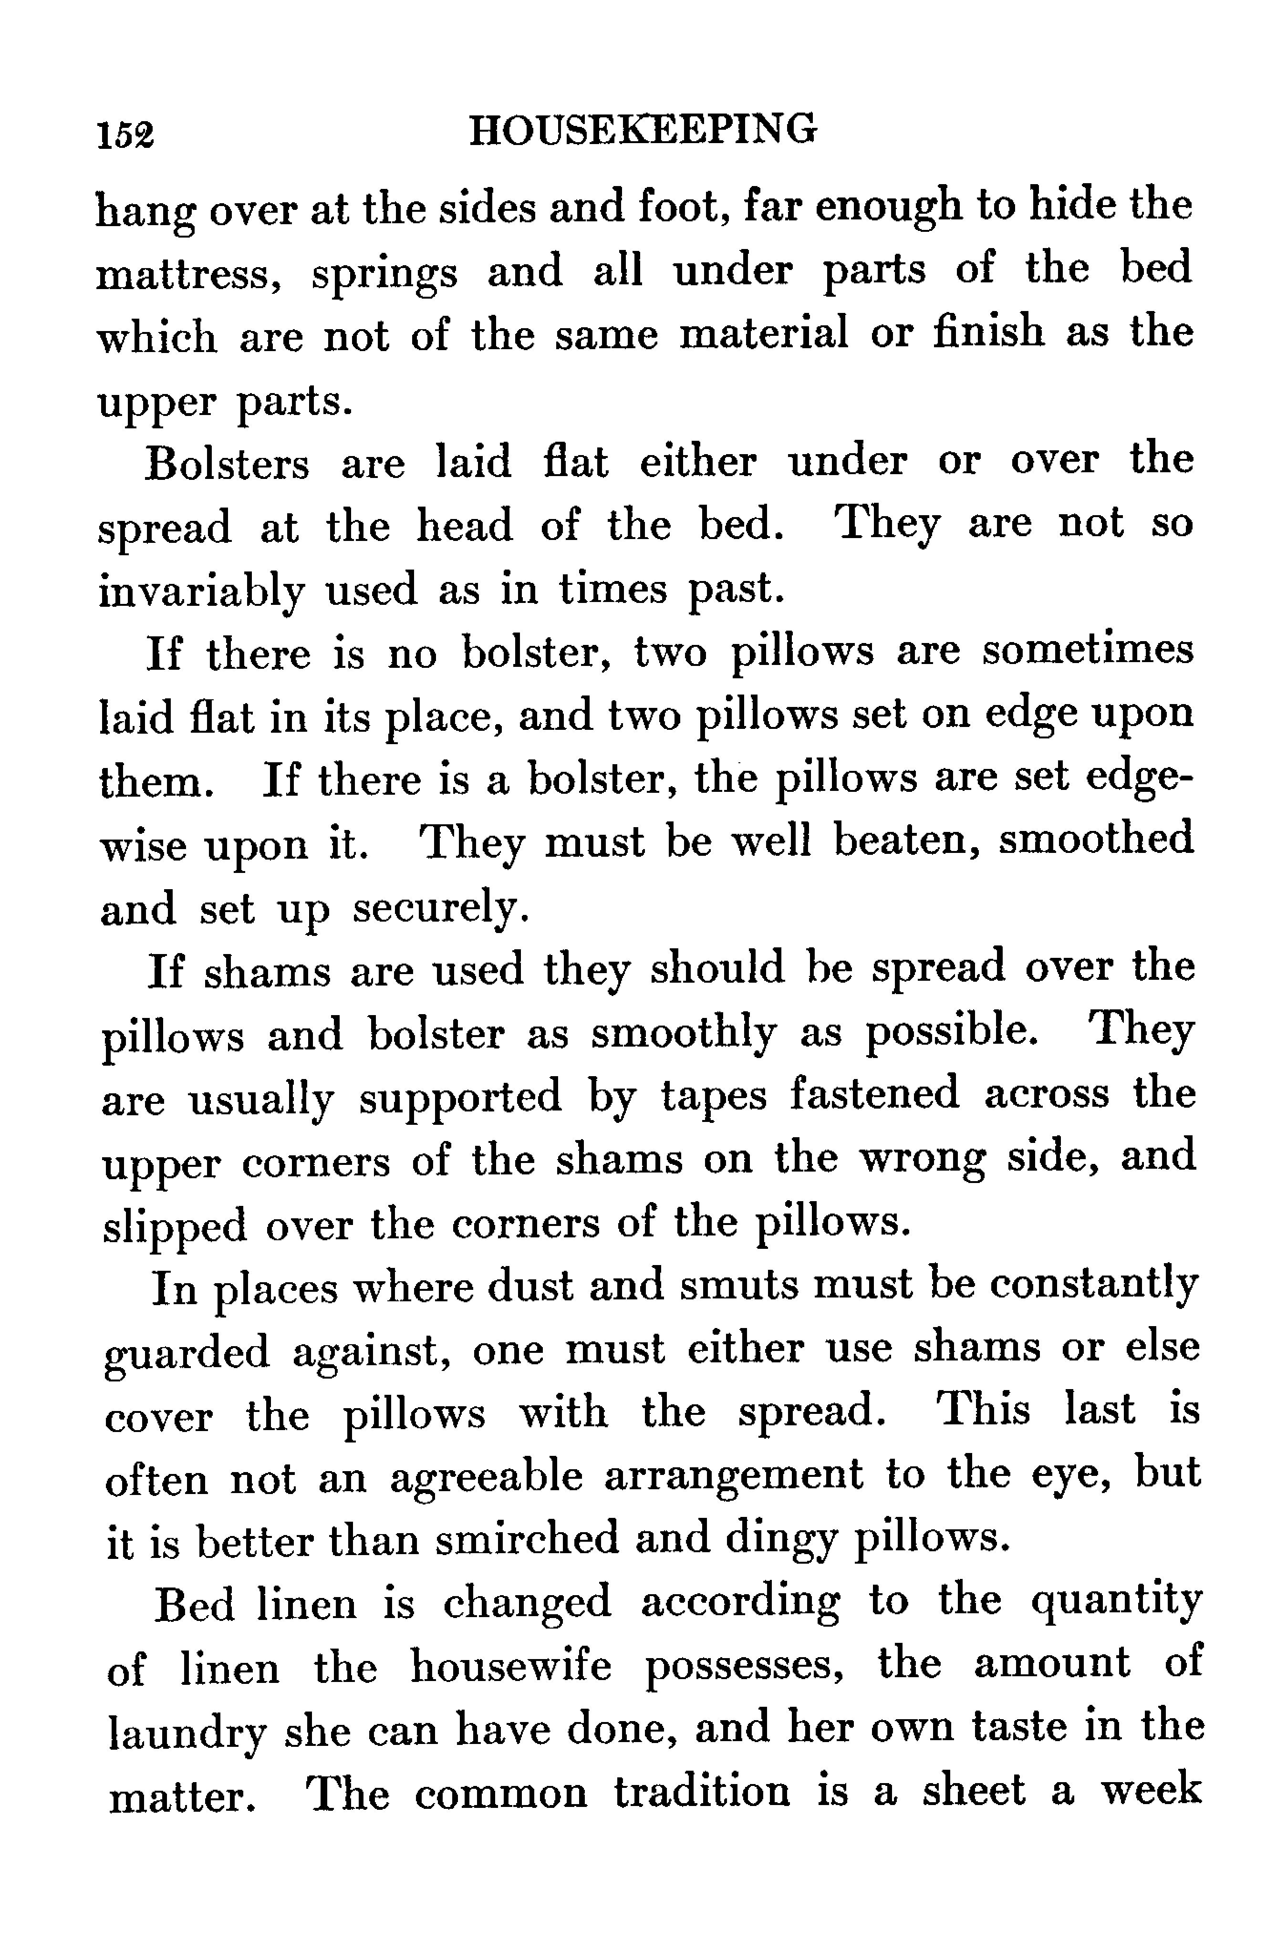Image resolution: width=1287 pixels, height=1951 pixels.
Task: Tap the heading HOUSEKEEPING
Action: [x=643, y=130]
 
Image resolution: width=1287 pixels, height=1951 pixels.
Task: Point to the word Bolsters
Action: [x=228, y=464]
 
